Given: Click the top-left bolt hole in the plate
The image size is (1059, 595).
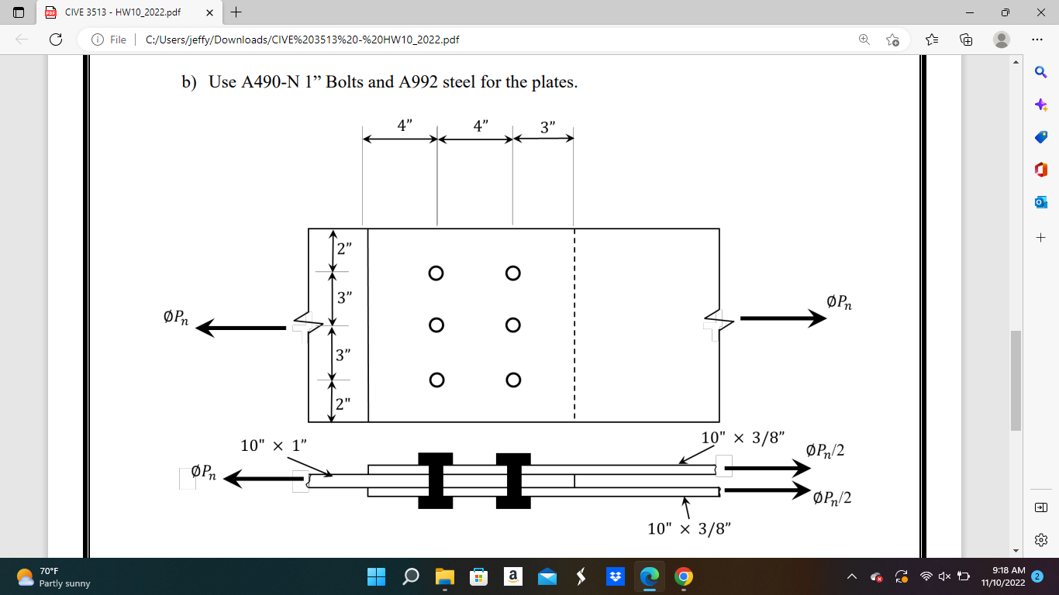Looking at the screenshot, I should click(x=436, y=273).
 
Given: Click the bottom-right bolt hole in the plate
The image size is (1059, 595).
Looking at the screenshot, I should click(x=512, y=380).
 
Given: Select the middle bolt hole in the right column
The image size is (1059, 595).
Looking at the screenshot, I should click(x=512, y=325).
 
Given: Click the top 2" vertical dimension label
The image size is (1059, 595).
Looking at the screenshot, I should click(x=344, y=249).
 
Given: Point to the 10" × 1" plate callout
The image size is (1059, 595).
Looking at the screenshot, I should click(x=274, y=445).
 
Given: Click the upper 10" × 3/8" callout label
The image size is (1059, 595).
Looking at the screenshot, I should click(x=743, y=438).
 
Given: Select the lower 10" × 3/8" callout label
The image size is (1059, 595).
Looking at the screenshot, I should click(x=689, y=529).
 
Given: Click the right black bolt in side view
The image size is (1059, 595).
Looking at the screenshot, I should click(x=513, y=481).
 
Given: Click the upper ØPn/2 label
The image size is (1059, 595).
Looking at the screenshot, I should click(x=825, y=450).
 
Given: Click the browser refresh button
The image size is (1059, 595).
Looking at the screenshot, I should click(x=55, y=40).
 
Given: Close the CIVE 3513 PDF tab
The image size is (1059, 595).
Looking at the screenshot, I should click(x=209, y=12).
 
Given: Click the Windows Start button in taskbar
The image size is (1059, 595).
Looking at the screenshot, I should click(x=376, y=576).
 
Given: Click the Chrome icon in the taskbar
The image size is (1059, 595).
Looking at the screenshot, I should click(x=682, y=576).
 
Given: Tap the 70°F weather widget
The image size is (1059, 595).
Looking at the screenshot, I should click(x=54, y=576).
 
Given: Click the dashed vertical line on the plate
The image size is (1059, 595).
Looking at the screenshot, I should click(x=574, y=325).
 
